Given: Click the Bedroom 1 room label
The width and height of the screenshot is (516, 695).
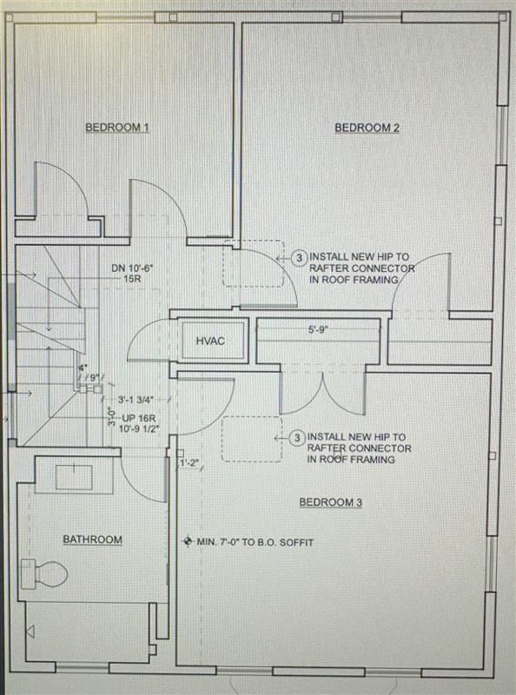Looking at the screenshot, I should click(x=117, y=128).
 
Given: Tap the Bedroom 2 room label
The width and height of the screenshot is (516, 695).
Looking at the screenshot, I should click(x=367, y=128).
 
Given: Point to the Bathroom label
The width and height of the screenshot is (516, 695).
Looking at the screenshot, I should click(x=92, y=539).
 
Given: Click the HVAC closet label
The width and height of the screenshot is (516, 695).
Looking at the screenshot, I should click(x=210, y=341).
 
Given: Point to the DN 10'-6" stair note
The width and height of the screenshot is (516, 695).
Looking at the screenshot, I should click(x=132, y=268).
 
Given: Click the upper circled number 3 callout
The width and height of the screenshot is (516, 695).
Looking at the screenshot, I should click(x=298, y=258).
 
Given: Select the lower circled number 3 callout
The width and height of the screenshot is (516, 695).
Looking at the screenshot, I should click(x=298, y=437).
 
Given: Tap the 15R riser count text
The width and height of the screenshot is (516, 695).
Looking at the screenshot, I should click(x=132, y=280).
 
